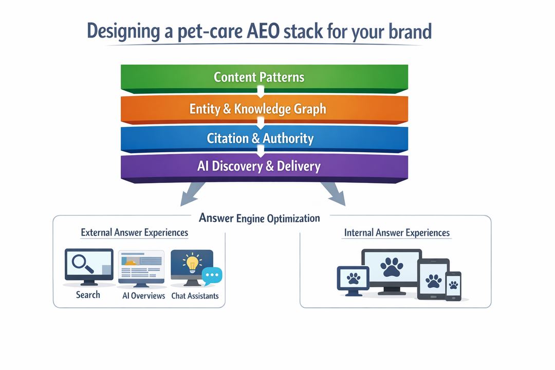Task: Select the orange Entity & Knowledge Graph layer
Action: (x=264, y=108)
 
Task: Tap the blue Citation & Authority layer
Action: (x=264, y=138)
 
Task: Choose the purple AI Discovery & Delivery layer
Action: (x=264, y=166)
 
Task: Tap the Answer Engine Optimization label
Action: (x=260, y=218)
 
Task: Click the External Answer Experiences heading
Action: (x=135, y=233)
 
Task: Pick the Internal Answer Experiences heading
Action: (x=397, y=233)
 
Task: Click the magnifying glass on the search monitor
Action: (x=82, y=263)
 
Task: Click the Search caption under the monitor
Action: (x=88, y=295)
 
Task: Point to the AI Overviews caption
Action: (x=144, y=295)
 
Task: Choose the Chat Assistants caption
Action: (x=195, y=295)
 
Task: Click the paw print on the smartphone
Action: (x=453, y=285)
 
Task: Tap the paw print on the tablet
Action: (x=434, y=280)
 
